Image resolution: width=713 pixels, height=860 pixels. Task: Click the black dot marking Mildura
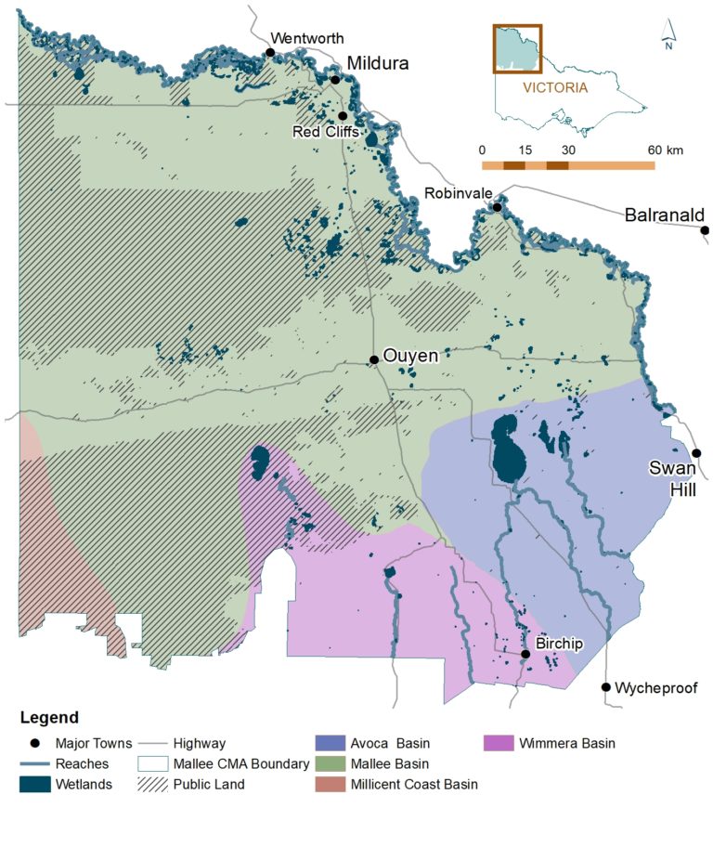coord(335,80)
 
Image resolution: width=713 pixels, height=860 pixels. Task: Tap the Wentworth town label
coord(306,38)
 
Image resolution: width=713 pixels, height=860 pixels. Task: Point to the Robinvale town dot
coord(498,206)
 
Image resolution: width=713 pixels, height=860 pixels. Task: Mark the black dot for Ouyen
coord(373,359)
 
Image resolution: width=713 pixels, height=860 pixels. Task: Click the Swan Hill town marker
coord(697,453)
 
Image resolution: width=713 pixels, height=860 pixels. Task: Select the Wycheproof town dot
coord(606,687)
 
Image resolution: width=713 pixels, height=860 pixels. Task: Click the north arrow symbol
coord(668,34)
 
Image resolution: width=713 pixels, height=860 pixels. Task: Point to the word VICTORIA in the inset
coord(555,88)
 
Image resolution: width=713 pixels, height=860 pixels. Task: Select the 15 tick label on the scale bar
coord(525,150)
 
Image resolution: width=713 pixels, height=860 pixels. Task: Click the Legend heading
coord(49,718)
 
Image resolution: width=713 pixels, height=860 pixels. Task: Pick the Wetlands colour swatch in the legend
coord(33,784)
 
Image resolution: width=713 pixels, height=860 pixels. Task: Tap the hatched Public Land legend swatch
coord(153,784)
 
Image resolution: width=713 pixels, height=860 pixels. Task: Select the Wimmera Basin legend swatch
coord(499,743)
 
